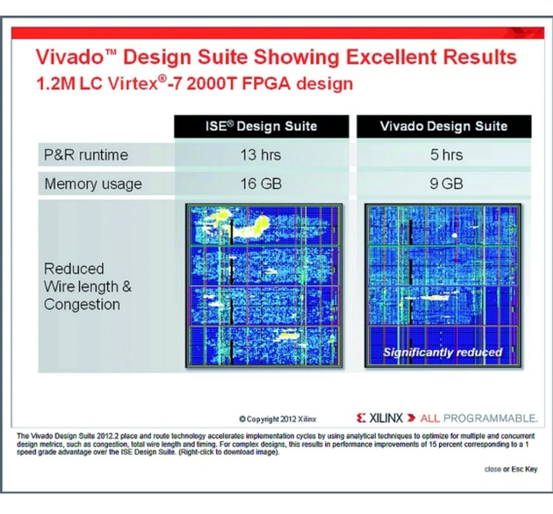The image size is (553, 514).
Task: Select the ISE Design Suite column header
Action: pyautogui.click(x=261, y=127)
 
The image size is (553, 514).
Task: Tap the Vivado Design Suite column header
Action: pyautogui.click(x=444, y=126)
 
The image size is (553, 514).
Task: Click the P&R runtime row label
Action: pyautogui.click(x=86, y=155)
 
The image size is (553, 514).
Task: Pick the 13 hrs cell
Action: pyautogui.click(x=261, y=155)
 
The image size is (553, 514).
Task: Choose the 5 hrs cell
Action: pyautogui.click(x=446, y=155)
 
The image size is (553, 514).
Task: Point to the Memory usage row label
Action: pyautogui.click(x=93, y=184)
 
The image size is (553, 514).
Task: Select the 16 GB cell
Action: pyautogui.click(x=261, y=184)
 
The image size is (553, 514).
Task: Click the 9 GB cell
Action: pyautogui.click(x=446, y=184)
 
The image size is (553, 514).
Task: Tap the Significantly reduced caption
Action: pyautogui.click(x=443, y=352)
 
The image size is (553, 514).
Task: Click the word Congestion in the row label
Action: pyautogui.click(x=82, y=305)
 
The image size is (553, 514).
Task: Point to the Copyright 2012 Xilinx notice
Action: pyautogui.click(x=278, y=419)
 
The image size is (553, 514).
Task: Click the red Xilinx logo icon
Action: pyautogui.click(x=361, y=418)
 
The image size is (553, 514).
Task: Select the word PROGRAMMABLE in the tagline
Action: pyautogui.click(x=490, y=418)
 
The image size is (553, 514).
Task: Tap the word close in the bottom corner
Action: pyautogui.click(x=493, y=469)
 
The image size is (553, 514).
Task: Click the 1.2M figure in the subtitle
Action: pyautogui.click(x=56, y=83)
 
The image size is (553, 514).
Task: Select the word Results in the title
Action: pyautogui.click(x=480, y=57)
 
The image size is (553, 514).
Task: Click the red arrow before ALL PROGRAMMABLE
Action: pyautogui.click(x=411, y=418)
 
